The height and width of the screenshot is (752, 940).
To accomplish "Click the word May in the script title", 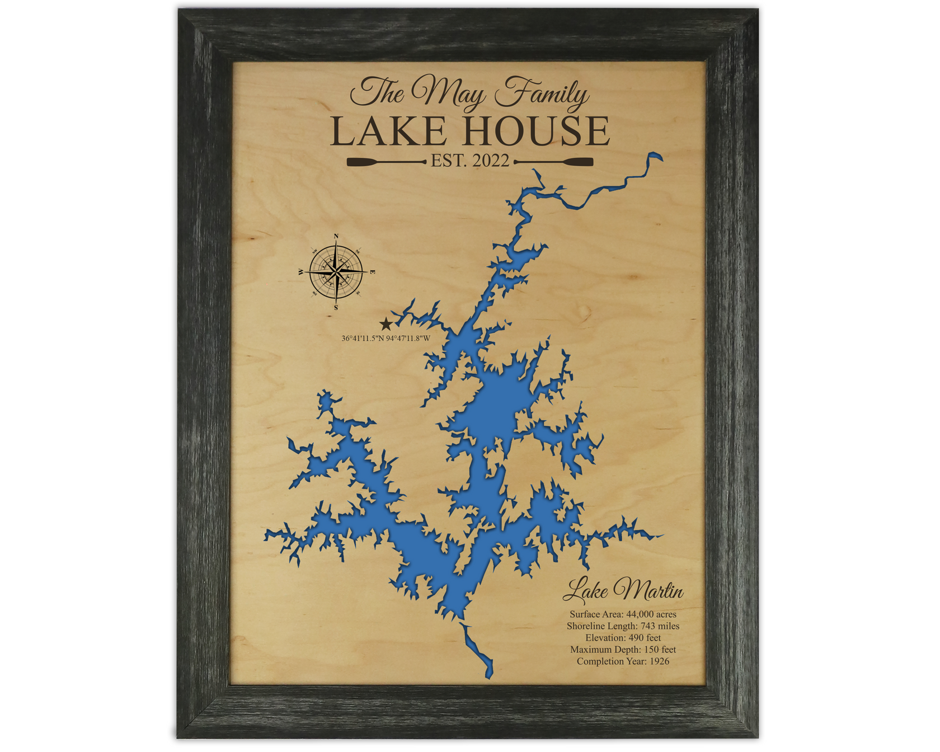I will pos(448,93).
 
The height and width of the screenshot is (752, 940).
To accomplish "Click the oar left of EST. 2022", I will pos(386,162).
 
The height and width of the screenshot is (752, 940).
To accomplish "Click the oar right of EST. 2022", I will pos(554,162).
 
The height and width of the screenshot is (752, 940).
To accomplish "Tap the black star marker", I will pos(386,324).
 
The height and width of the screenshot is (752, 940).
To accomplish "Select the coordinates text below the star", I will pos(386,338).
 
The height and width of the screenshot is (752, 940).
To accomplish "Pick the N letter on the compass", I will pos(336,237).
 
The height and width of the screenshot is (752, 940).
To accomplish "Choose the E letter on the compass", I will pos(373,272).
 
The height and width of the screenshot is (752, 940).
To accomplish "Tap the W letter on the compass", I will pos(300,272).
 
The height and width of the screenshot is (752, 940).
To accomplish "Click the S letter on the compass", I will pos(336,308).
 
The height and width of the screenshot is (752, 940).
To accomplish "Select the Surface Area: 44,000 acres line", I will pos(623,614).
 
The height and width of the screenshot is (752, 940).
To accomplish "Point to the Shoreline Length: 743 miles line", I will pos(623,626).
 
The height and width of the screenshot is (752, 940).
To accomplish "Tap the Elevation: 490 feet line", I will pos(623,638).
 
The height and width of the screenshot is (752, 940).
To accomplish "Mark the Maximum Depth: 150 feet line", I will pos(623,650).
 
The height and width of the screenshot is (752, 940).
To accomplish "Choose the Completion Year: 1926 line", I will pos(623,661).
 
